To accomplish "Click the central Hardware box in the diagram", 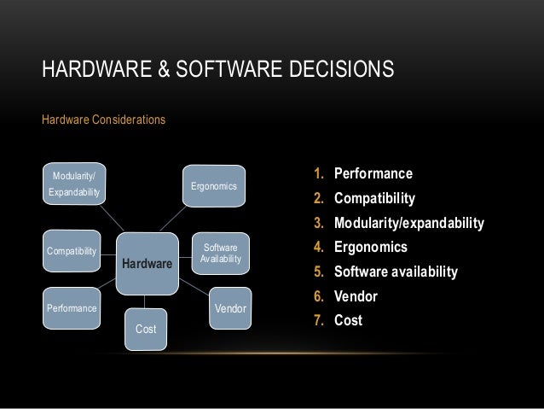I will point(147,264).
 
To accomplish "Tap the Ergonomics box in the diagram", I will point(214,185).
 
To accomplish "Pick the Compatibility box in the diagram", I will point(72,251).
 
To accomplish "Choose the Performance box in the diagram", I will point(72,306).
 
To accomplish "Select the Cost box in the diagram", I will point(147,329).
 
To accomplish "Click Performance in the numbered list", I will point(373,175).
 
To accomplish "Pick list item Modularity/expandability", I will point(408,224).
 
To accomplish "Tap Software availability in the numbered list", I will point(396,272).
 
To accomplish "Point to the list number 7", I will point(319,321).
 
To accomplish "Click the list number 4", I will point(319,248).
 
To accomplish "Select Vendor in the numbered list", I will point(356,297).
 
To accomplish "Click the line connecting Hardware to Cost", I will point(147,300).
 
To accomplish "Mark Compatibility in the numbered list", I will point(375,199).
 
